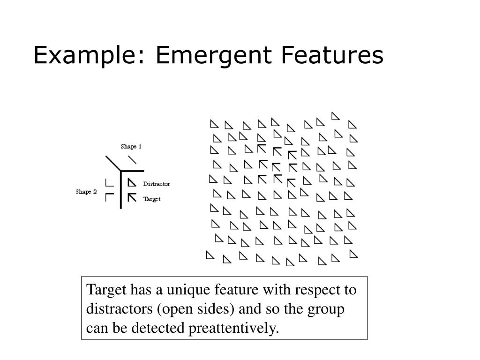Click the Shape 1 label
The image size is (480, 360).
(131, 146)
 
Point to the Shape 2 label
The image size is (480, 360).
(86, 192)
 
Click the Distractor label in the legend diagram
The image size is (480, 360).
(157, 184)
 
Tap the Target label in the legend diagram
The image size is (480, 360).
(152, 199)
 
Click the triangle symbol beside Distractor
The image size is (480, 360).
(132, 183)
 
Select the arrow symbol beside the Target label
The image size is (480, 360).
(132, 197)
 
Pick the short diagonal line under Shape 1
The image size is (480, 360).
(133, 159)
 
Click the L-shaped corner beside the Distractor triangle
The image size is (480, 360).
(109, 183)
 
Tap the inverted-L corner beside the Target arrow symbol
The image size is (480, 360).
(109, 197)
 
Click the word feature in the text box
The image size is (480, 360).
(236, 291)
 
